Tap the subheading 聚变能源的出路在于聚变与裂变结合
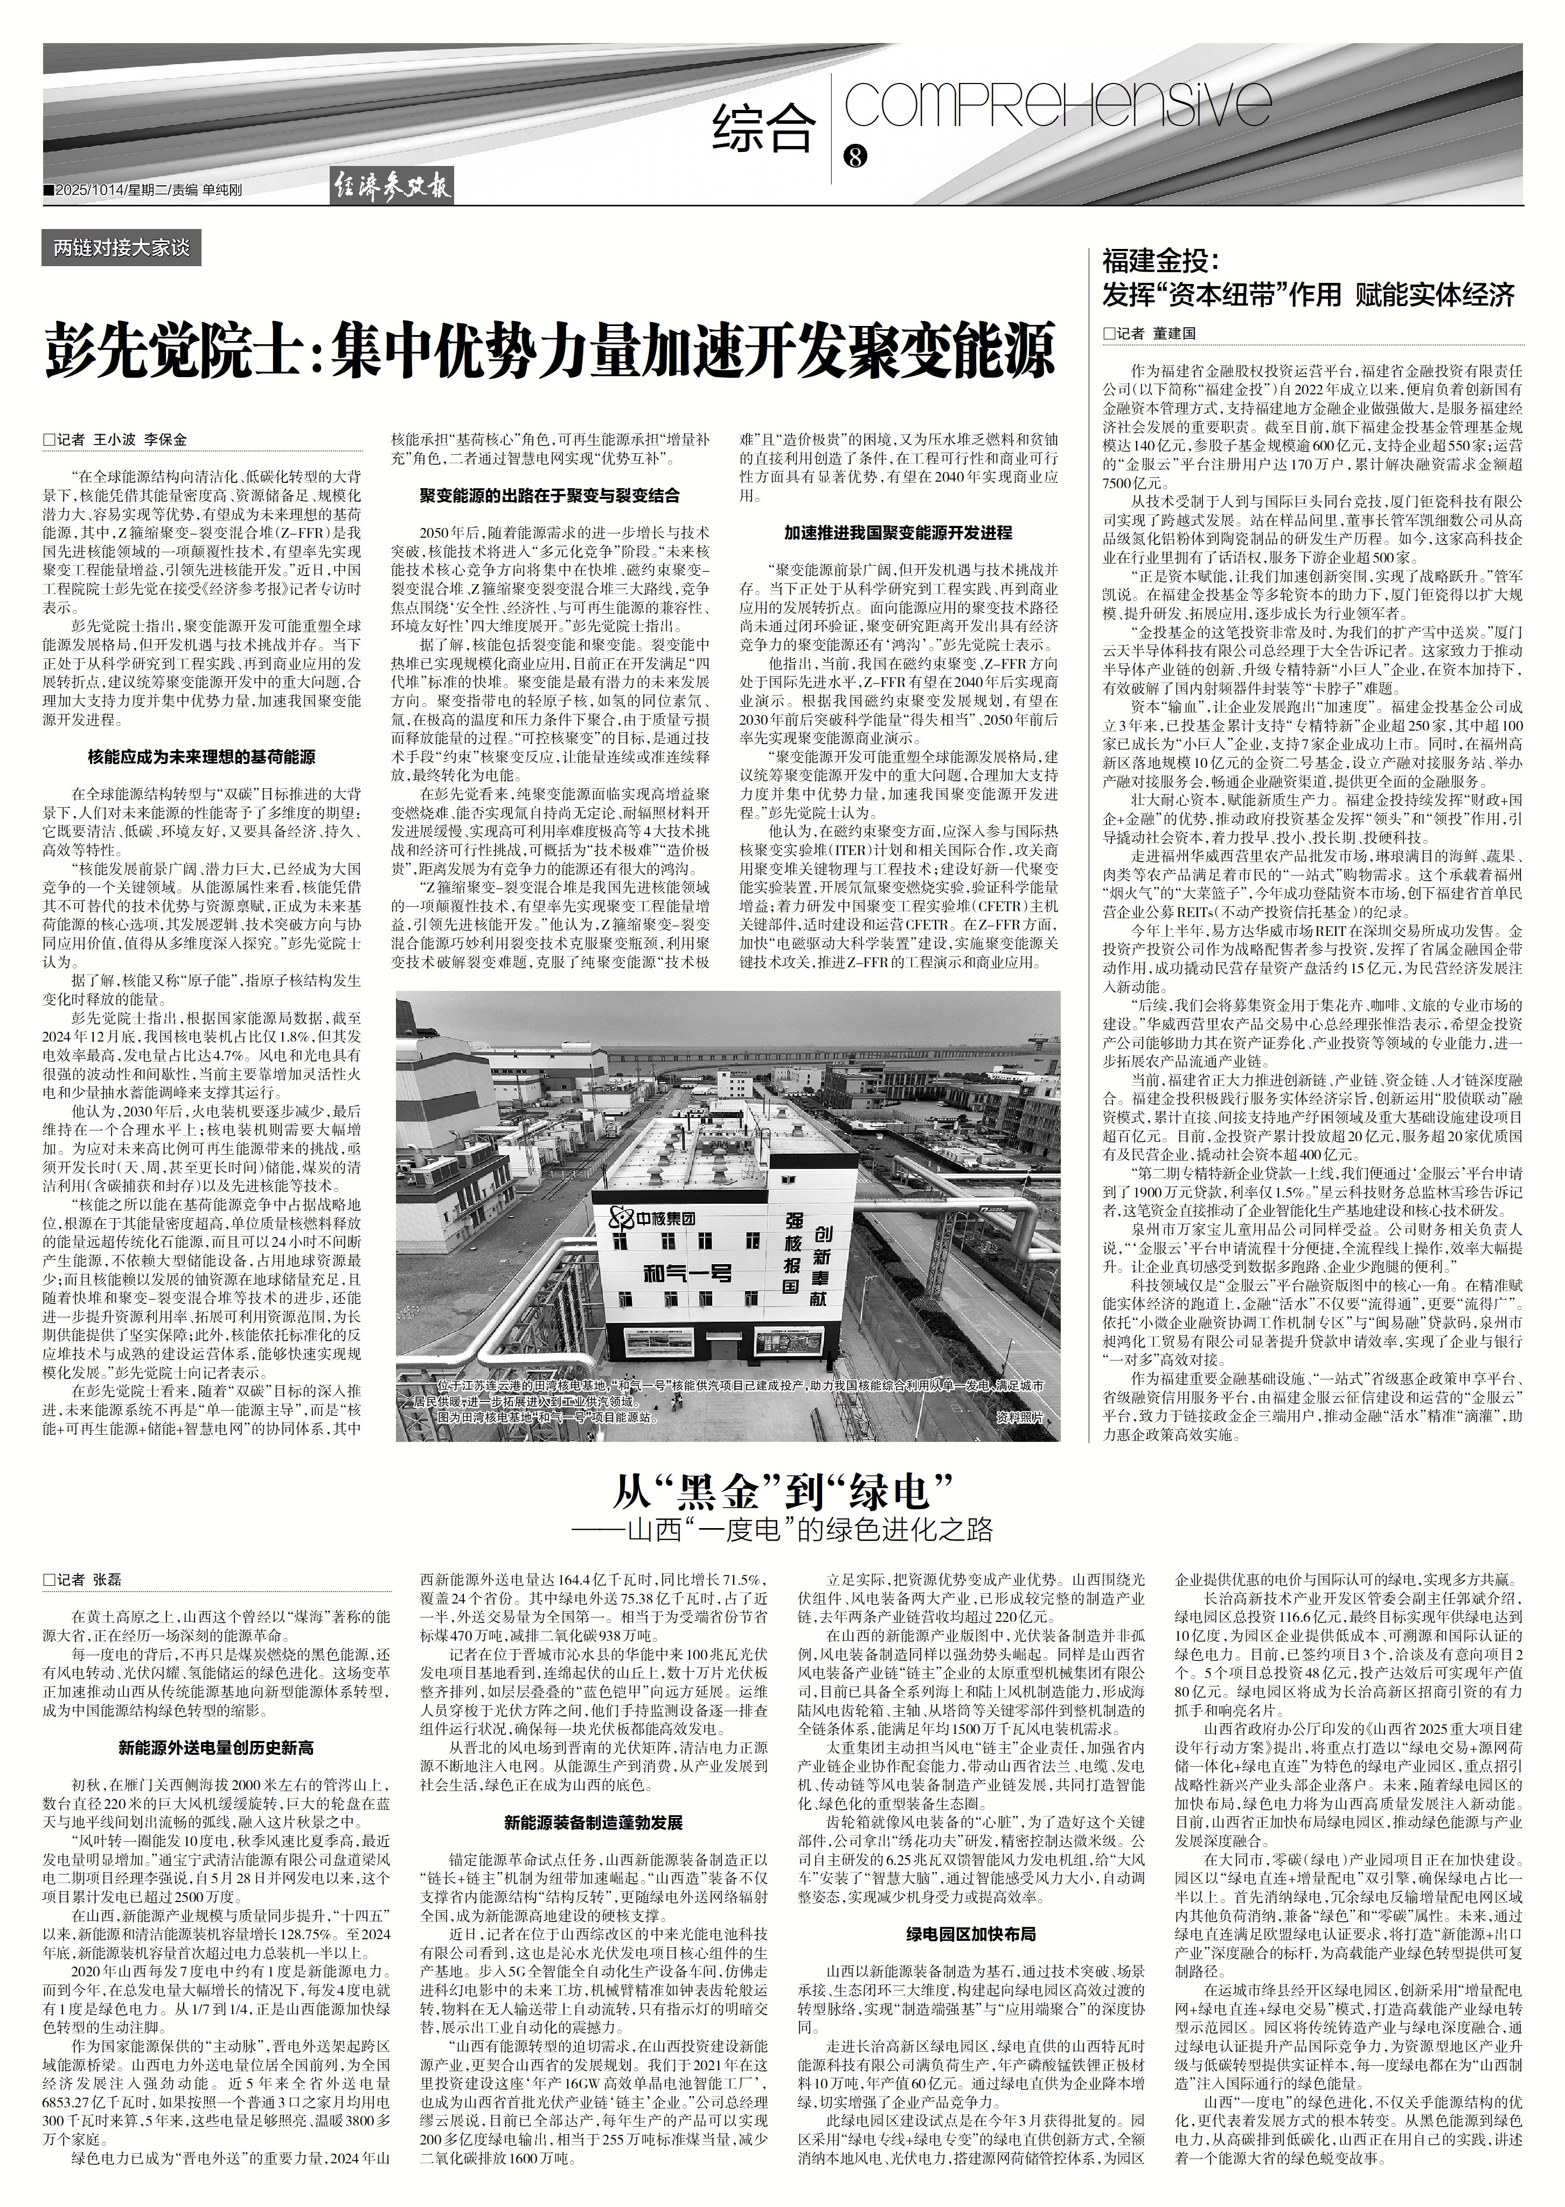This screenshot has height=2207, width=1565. tap(550, 496)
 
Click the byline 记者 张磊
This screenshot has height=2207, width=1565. tap(92, 1580)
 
